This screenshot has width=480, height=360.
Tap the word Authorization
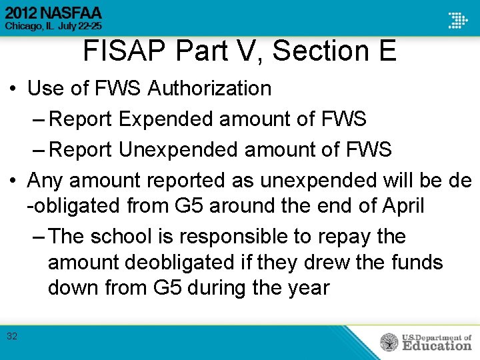tap(209, 88)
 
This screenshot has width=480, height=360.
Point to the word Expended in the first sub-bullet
tap(167, 119)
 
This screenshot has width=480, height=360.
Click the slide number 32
tap(12, 336)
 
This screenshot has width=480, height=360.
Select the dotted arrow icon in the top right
tap(457, 20)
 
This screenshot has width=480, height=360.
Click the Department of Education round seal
tap(389, 342)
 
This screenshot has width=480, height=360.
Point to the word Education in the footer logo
tap(436, 345)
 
